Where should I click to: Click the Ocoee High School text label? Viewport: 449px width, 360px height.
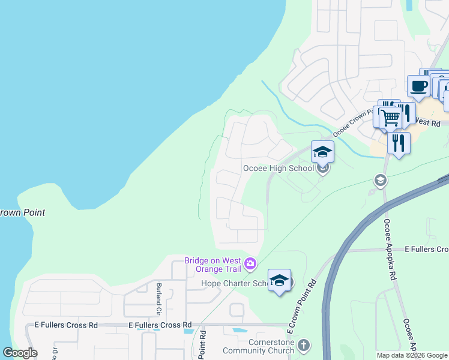[278, 168]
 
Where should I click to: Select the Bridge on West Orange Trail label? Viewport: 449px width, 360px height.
[212, 264]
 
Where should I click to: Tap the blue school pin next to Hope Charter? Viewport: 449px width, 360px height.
[279, 280]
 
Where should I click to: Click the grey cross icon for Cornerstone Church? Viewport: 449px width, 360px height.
[304, 345]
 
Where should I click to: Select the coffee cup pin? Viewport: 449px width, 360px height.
[418, 86]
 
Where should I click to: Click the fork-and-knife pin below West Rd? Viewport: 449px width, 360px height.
[399, 143]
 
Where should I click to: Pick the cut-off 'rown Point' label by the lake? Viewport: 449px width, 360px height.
[22, 213]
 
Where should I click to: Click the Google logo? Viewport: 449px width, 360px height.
[20, 353]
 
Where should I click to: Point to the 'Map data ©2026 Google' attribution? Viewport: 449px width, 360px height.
[411, 355]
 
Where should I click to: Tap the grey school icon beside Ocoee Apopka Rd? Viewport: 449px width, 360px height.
[379, 179]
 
